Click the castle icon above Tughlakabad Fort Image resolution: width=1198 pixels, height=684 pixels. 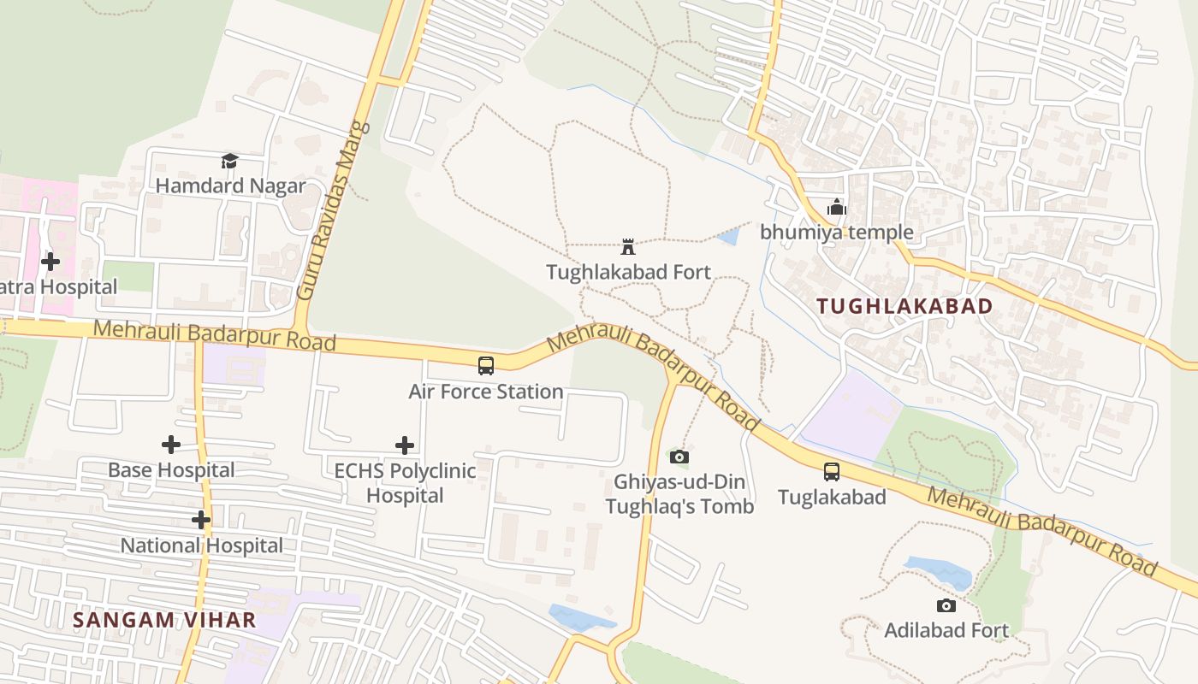click(x=628, y=247)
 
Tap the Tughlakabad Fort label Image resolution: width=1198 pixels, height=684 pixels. click(x=628, y=272)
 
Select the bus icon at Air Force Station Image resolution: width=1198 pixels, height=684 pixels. click(x=486, y=366)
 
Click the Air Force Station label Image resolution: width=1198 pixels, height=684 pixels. click(x=485, y=392)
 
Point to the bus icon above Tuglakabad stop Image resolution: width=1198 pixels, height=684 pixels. click(x=831, y=471)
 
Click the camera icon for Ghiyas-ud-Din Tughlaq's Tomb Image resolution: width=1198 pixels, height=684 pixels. click(x=679, y=457)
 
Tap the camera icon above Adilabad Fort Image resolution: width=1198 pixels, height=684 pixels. click(x=946, y=605)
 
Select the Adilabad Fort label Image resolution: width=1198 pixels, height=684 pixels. click(x=946, y=631)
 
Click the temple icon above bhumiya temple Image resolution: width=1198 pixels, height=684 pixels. click(x=836, y=207)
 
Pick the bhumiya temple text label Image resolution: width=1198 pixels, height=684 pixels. click(x=836, y=233)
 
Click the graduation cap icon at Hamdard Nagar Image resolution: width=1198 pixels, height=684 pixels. click(x=229, y=161)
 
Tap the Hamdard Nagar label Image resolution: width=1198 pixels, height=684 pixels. click(x=229, y=186)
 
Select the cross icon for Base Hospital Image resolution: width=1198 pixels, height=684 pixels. click(x=171, y=445)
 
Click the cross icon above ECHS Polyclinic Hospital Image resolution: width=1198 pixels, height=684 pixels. click(x=405, y=445)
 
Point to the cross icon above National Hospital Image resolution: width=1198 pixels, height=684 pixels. click(x=201, y=520)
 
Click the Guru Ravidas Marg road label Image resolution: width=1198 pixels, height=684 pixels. click(x=334, y=210)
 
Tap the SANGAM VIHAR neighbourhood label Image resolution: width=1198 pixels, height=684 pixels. click(x=164, y=620)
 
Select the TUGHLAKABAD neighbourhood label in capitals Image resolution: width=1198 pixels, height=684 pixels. click(x=904, y=306)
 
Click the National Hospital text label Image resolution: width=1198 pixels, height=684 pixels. click(x=201, y=545)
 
